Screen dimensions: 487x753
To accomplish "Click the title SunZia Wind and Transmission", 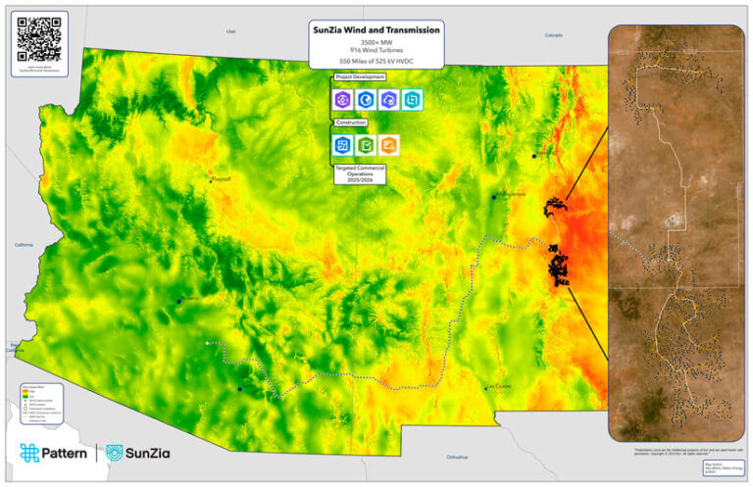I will coord(376,30).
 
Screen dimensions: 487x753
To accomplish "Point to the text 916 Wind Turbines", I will coord(376,51).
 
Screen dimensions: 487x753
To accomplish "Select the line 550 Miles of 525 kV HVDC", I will coord(376,62).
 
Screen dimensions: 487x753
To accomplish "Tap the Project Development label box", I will coord(360,76).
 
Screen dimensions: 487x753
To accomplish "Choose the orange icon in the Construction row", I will coord(389,145).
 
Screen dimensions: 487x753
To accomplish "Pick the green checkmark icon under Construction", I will coord(366,145).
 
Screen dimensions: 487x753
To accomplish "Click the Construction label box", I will coord(350,122).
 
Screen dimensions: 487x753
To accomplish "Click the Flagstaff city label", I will coord(223,179).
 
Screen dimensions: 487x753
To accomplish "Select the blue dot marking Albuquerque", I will coord(494,197).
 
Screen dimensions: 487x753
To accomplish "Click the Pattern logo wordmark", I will coord(54,453).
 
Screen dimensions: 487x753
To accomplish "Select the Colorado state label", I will coord(555,35).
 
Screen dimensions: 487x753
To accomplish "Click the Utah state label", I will coord(231,31).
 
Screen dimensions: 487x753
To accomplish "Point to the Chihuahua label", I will coord(458,458).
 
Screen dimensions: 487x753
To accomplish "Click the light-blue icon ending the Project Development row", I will coord(412,99).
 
